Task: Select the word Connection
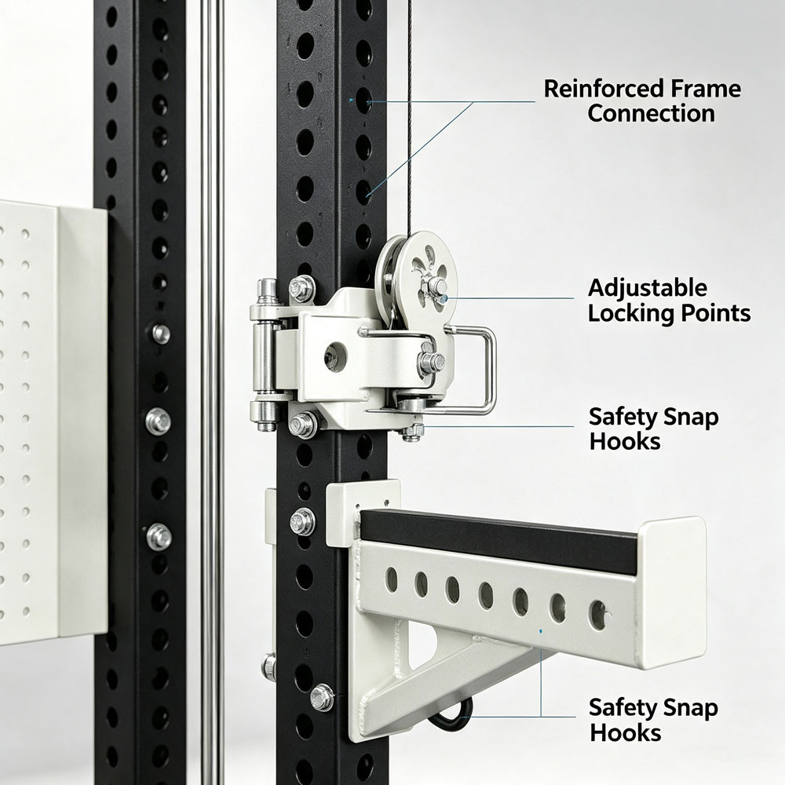pyautogui.click(x=651, y=113)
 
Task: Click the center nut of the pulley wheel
pyautogui.click(x=438, y=287)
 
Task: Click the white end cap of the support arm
pyautogui.click(x=674, y=593)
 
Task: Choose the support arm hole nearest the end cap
pyautogui.click(x=598, y=615)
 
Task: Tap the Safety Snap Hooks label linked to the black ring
pyautogui.click(x=653, y=720)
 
